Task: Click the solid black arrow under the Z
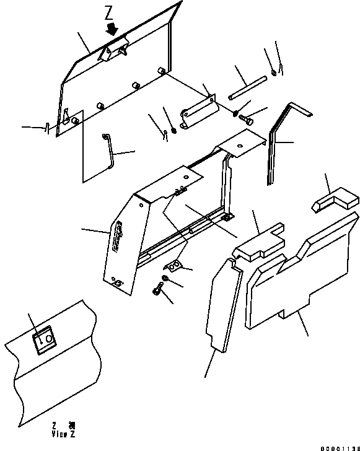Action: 112,29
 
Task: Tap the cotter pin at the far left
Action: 47,128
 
